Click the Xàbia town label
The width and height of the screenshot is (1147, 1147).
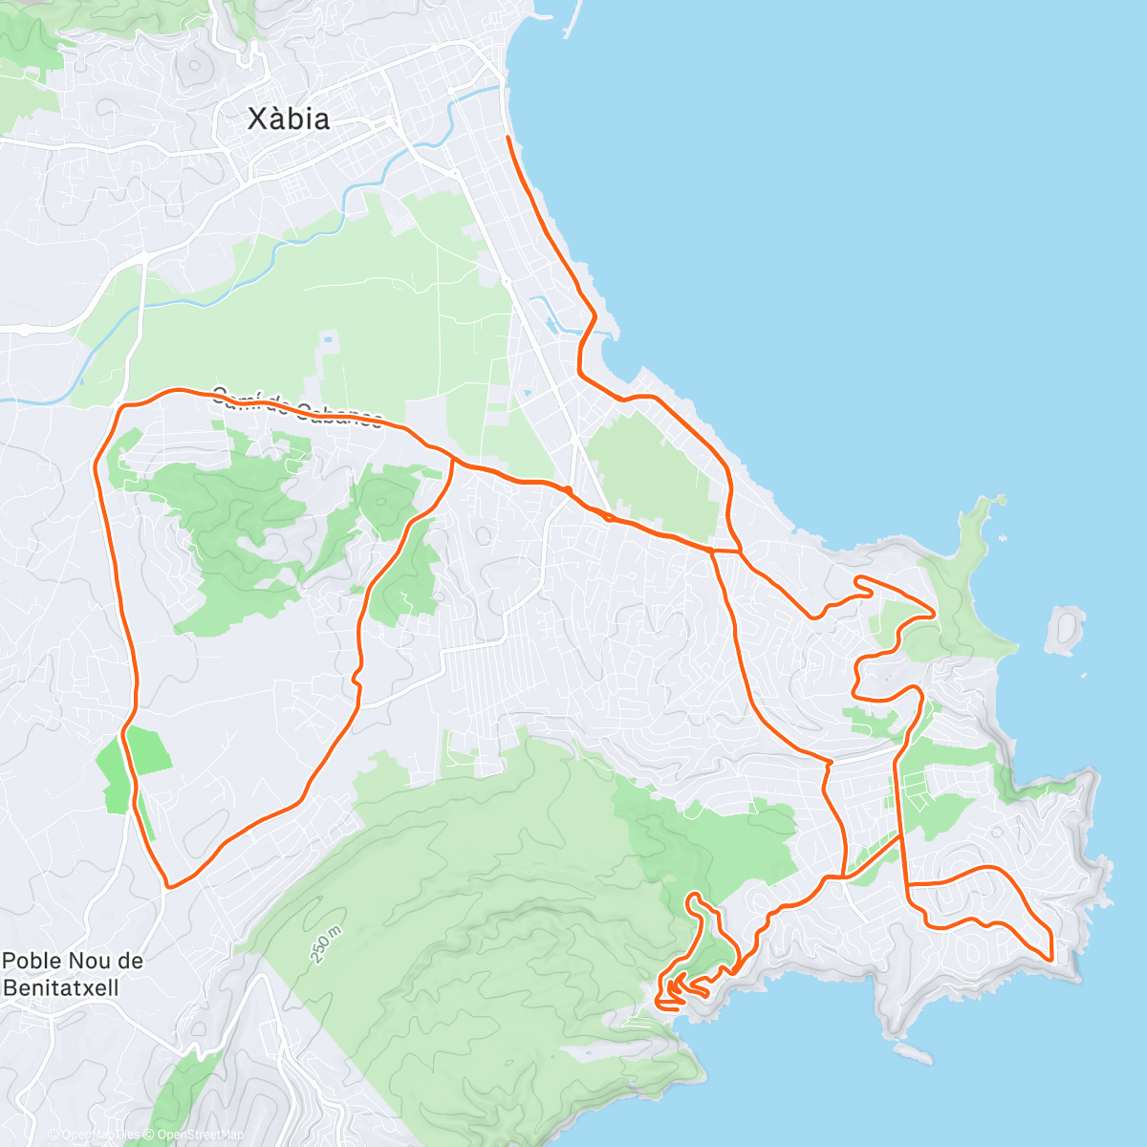pos(289,119)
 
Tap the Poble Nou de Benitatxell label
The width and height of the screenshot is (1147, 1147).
pos(73,974)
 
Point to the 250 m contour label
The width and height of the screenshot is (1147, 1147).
pos(326,944)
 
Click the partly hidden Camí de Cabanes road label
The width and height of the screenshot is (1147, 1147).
pos(296,406)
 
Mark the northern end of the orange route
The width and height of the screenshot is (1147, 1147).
pos(507,139)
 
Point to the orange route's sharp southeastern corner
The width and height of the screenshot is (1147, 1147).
pos(1050,958)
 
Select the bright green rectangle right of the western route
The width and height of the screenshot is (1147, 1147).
pos(150,750)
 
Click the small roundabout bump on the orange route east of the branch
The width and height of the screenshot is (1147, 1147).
pos(568,490)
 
